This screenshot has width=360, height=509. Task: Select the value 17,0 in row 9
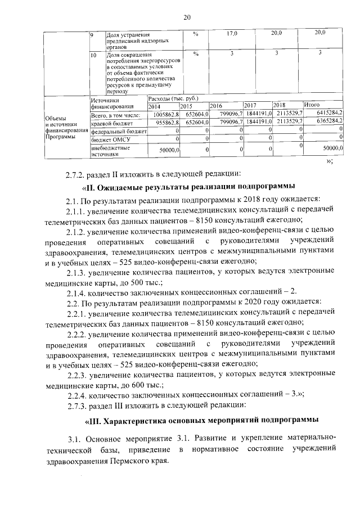pos(232,34)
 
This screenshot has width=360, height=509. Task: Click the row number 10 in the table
pos(94,55)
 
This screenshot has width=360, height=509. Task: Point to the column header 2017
pos(250,105)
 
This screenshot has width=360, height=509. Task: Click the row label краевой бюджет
pos(111,122)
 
